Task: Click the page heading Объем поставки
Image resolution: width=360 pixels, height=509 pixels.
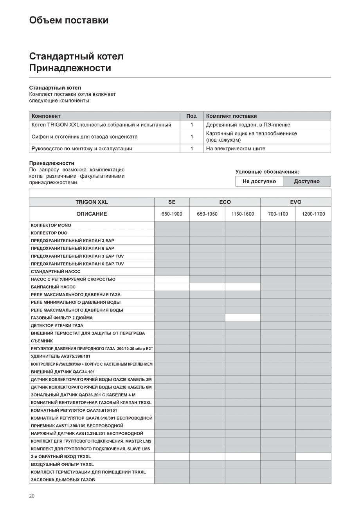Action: [x=68, y=20]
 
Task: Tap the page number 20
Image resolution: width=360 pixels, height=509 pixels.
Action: [x=32, y=496]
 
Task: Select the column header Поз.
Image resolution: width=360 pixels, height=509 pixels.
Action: [x=192, y=116]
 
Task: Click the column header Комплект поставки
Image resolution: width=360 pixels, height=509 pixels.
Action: [x=231, y=116]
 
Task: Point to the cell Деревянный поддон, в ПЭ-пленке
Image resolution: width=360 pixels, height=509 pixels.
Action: [x=248, y=125]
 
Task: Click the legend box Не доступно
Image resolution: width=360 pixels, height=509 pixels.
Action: [x=259, y=182]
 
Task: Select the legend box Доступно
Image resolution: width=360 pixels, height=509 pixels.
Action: [x=307, y=182]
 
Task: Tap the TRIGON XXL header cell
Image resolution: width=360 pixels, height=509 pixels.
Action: [x=92, y=202]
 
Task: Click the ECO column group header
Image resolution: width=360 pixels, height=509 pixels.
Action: [x=225, y=202]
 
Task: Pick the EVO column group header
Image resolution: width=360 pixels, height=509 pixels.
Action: [x=295, y=202]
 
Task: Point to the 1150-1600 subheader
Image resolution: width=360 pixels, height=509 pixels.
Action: [x=243, y=214]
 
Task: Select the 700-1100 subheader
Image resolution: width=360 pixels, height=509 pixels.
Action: [x=278, y=214]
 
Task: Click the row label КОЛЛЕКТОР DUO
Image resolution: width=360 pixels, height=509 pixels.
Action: [x=49, y=233]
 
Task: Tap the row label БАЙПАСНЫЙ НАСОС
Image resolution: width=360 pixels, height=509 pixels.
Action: [x=53, y=287]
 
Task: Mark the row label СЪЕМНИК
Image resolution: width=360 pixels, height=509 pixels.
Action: [x=42, y=341]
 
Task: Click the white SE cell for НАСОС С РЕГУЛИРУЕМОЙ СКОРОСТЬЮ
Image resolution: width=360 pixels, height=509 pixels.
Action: [x=172, y=279]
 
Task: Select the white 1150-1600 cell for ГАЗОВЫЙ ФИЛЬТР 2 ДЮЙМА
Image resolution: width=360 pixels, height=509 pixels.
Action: [x=243, y=318]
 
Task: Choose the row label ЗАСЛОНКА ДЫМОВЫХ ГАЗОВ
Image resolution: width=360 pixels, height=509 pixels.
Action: [x=63, y=480]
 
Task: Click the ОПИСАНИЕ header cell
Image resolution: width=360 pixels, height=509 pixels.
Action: [x=92, y=214]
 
